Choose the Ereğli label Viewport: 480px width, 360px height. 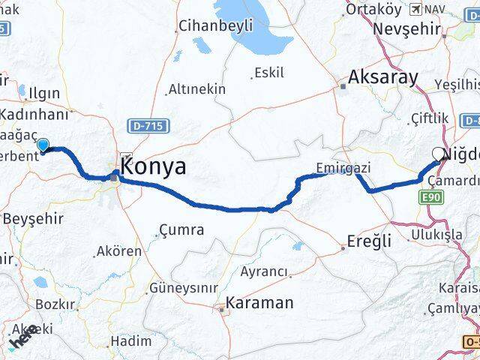coord(369,241)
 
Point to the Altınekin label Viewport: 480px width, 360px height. coord(196,89)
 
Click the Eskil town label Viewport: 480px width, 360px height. coord(269,73)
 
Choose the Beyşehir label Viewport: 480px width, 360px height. coord(34,218)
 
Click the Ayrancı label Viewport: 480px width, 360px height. coord(264,271)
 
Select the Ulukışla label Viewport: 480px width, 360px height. coord(436,235)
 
